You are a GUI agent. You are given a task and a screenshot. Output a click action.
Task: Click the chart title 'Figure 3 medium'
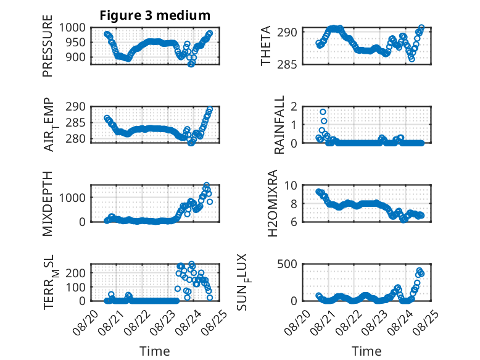[x=155, y=15]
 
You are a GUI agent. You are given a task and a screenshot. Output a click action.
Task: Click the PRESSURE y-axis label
[x=48, y=46]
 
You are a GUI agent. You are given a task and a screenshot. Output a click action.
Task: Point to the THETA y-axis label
[x=266, y=46]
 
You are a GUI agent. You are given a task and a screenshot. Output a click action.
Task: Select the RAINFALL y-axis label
[x=279, y=125]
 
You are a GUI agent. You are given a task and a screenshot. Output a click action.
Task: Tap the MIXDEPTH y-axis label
[x=48, y=204]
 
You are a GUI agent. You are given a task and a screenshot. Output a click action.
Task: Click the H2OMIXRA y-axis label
[x=272, y=203]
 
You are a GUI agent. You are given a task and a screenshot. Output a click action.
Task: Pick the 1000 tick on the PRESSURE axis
[x=72, y=28]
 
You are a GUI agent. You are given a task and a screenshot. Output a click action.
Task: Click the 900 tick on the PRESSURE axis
[x=75, y=57]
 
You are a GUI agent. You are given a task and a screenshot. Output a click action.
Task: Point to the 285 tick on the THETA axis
[x=287, y=65]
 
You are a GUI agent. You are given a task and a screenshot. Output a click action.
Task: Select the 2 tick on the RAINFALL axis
[x=294, y=107]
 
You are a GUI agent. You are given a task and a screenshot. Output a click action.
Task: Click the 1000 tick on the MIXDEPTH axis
[x=72, y=198]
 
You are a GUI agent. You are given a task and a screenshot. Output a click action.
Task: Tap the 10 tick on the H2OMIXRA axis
[x=291, y=186]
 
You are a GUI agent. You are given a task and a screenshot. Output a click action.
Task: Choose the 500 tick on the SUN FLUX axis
[x=287, y=264]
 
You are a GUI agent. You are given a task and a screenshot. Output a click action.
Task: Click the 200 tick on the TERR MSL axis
[x=75, y=273]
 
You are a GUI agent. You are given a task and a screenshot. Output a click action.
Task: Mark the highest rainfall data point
[x=323, y=112]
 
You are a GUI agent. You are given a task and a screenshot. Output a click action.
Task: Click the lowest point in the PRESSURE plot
[x=191, y=64]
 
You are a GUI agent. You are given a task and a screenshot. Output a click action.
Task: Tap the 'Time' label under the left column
[x=155, y=351]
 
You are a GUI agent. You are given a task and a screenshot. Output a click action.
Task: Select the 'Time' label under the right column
[x=366, y=351]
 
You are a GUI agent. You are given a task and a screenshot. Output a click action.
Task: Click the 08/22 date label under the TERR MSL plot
[x=138, y=322]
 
